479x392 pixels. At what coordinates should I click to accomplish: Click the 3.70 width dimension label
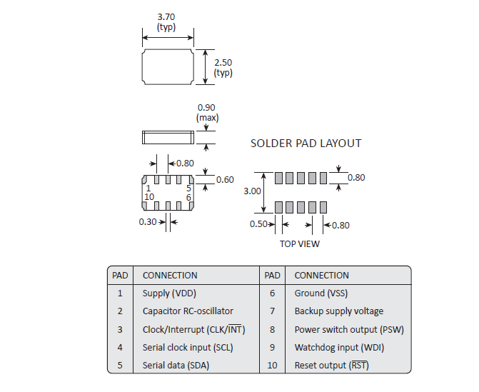166,16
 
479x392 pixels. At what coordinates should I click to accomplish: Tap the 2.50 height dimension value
223,63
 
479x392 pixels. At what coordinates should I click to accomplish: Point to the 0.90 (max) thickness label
207,108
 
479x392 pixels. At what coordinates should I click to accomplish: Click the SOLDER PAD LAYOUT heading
306,144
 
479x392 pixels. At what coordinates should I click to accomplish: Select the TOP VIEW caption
299,244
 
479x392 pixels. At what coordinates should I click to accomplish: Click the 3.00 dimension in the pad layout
252,191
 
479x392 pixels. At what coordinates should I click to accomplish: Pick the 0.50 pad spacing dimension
258,225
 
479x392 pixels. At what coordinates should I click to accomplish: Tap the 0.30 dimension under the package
147,222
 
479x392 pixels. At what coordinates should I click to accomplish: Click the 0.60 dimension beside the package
225,180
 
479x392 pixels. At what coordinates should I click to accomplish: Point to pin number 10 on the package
149,197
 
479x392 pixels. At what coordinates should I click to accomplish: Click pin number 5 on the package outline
188,189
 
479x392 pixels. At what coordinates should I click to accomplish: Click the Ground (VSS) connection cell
321,293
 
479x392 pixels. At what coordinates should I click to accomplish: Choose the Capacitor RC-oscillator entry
188,311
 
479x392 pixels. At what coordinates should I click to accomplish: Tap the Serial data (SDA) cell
176,366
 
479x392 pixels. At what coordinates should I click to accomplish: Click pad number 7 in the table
272,311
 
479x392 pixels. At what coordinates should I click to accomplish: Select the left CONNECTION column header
170,275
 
